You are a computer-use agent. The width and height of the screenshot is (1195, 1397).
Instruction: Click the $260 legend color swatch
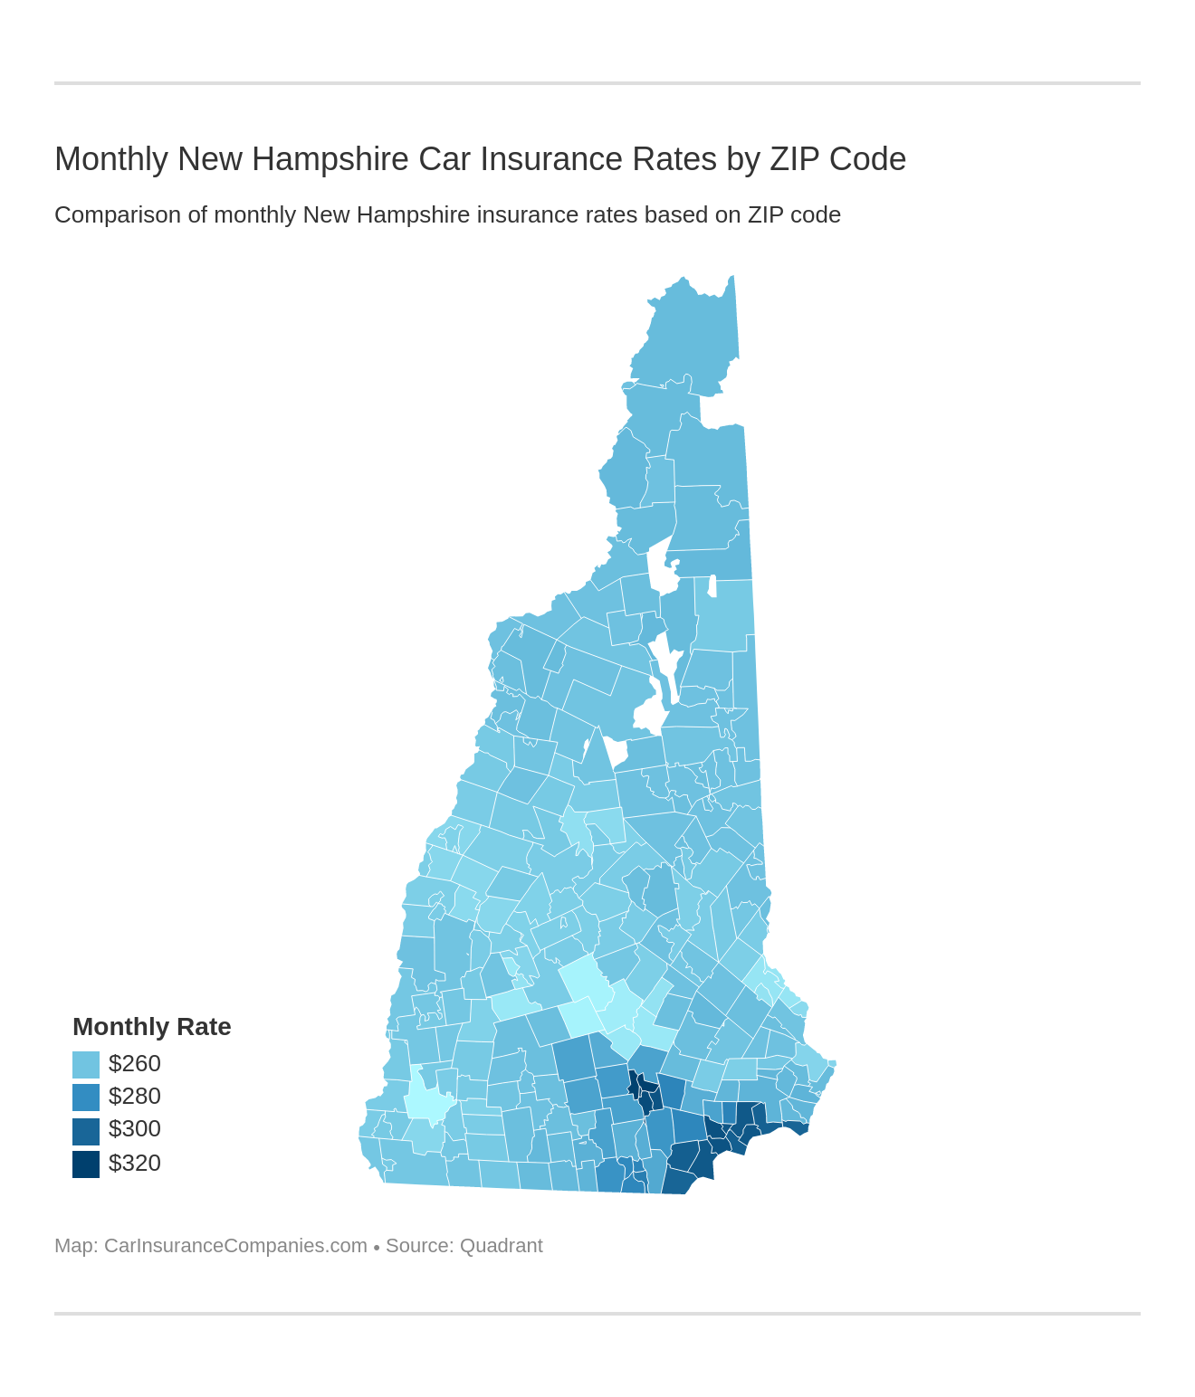pyautogui.click(x=86, y=1064)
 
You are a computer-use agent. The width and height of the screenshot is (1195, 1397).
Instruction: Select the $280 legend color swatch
pyautogui.click(x=86, y=1097)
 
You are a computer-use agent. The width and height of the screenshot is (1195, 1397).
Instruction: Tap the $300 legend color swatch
pyautogui.click(x=86, y=1130)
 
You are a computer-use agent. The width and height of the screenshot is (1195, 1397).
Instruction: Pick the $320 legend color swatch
pyautogui.click(x=86, y=1164)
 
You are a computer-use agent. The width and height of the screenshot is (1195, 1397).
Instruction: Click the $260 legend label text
pyautogui.click(x=134, y=1063)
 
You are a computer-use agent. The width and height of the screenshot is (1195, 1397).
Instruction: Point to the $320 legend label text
pyautogui.click(x=134, y=1163)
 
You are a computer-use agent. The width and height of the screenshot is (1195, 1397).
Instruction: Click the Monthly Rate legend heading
pyautogui.click(x=151, y=1027)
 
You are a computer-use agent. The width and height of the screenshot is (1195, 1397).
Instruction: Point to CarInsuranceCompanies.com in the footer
pyautogui.click(x=235, y=1246)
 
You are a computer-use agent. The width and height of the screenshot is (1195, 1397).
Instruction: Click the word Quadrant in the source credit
pyautogui.click(x=501, y=1246)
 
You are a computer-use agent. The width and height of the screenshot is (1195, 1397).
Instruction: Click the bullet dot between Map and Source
pyautogui.click(x=376, y=1248)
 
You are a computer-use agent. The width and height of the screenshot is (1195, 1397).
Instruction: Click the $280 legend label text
pyautogui.click(x=134, y=1097)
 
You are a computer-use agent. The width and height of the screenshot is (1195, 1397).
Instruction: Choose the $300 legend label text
pyautogui.click(x=134, y=1129)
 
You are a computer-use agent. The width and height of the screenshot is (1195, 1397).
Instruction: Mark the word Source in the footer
pyautogui.click(x=417, y=1246)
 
